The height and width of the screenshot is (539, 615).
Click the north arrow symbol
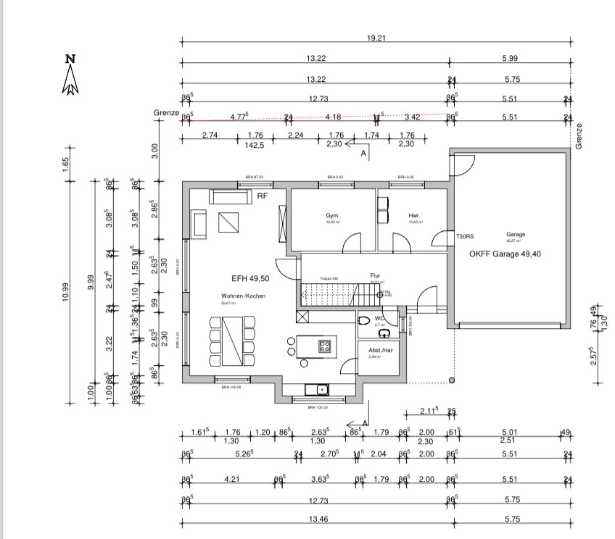[x=70, y=75]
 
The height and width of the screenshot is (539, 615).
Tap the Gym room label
[x=333, y=216]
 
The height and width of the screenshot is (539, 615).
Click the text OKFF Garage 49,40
[x=505, y=254]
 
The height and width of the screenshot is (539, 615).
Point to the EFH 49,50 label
[x=251, y=278]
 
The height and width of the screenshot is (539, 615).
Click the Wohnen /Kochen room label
[x=243, y=296]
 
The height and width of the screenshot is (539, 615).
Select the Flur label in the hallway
[x=376, y=276]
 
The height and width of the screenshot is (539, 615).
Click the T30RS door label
[x=465, y=237]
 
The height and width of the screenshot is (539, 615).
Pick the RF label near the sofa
[x=262, y=196]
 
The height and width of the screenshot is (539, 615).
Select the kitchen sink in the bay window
[x=317, y=390]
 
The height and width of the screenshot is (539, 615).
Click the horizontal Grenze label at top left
[x=165, y=113]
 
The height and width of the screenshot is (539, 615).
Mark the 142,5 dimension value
[x=255, y=144]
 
